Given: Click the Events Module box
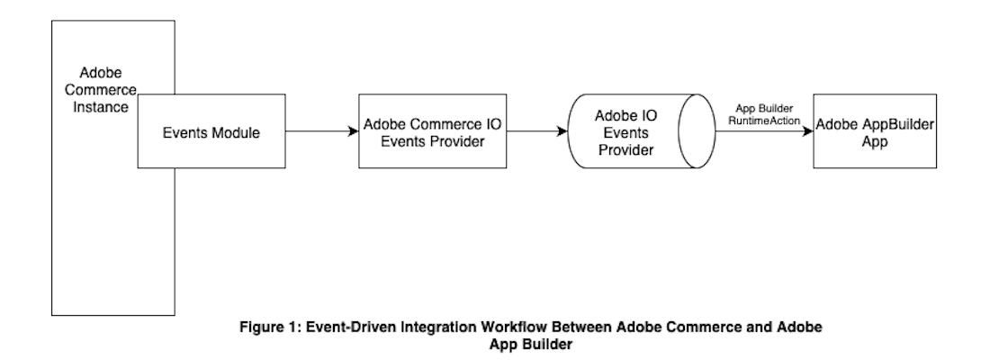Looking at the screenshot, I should (x=211, y=133).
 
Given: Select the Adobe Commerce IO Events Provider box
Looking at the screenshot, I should (x=426, y=133).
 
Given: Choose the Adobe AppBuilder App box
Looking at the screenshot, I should (x=871, y=133).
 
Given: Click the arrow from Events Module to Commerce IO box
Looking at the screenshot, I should (x=319, y=132).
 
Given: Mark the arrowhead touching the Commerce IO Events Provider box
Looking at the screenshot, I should (x=353, y=132).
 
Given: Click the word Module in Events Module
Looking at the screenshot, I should (x=236, y=133).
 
